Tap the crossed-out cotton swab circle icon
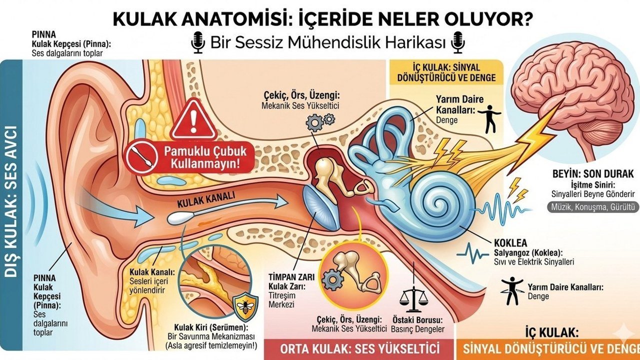click(x=142, y=156)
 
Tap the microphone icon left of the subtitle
click(x=198, y=43)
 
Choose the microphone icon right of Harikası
click(x=457, y=43)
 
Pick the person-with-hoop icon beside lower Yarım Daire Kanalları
click(x=512, y=291)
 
